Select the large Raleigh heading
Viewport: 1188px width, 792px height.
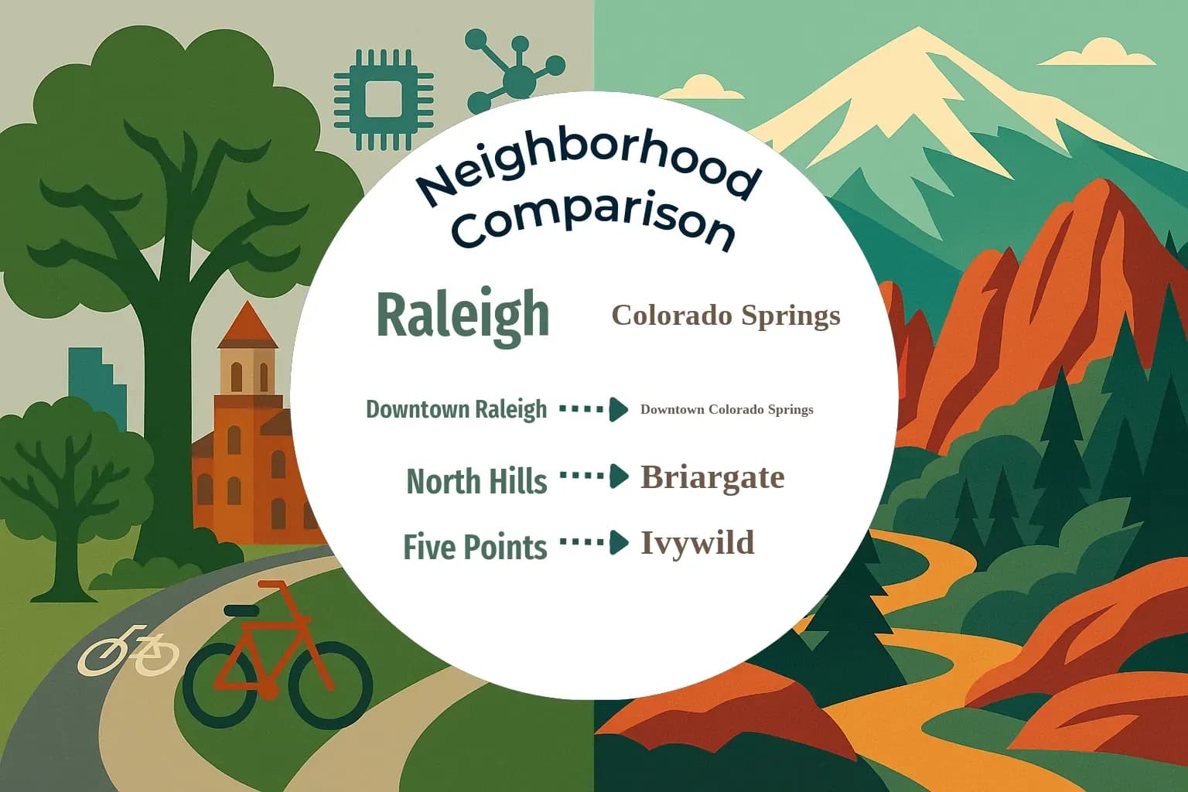(463, 315)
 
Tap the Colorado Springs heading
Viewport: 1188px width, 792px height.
(725, 316)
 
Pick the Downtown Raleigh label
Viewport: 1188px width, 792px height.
(456, 409)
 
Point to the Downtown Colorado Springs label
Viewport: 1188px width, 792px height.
(726, 409)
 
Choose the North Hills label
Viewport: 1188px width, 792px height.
(476, 481)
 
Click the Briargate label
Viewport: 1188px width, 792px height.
(712, 477)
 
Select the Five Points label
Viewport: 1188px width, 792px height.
(475, 547)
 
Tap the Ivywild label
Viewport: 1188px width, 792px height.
(697, 543)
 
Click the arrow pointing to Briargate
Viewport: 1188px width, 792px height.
(593, 476)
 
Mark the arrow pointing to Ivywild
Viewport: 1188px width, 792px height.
(593, 543)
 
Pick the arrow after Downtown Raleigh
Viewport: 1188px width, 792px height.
(593, 409)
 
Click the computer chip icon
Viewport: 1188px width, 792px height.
(383, 100)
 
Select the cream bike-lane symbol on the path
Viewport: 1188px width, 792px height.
(128, 650)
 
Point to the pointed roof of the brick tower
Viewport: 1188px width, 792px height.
(247, 325)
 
